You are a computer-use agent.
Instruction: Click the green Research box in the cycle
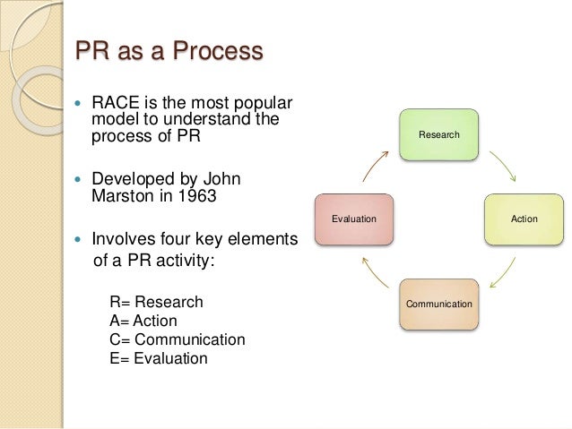pyautogui.click(x=438, y=134)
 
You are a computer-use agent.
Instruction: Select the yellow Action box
pyautogui.click(x=524, y=219)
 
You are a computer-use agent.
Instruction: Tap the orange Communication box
pyautogui.click(x=438, y=304)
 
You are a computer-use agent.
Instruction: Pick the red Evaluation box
pyautogui.click(x=353, y=219)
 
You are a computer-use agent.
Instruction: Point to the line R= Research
pyautogui.click(x=156, y=302)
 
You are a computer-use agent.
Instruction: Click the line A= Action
pyautogui.click(x=143, y=321)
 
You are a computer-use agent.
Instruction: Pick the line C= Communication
pyautogui.click(x=177, y=339)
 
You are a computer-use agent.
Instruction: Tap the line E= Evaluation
pyautogui.click(x=158, y=358)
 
